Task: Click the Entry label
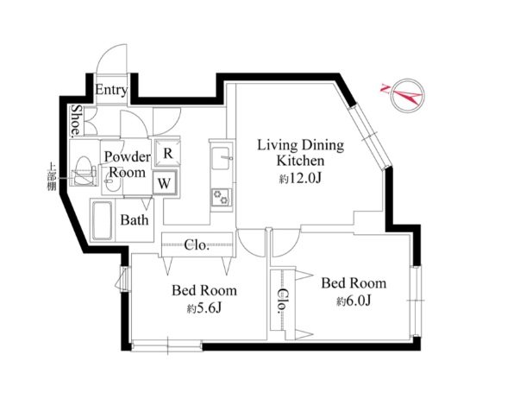pos(111,90)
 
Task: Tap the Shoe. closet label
pos(77,120)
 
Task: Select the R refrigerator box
pos(167,154)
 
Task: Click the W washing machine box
pos(165,183)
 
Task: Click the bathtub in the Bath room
pos(103,220)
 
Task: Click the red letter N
pos(385,88)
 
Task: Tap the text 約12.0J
pos(300,179)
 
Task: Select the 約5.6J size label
pos(204,308)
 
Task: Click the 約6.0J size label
pos(354,301)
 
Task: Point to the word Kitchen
pos(300,161)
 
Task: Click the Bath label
pos(135,220)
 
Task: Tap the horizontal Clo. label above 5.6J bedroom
pos(197,245)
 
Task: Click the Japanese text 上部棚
pos(52,176)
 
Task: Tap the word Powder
pos(128,156)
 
